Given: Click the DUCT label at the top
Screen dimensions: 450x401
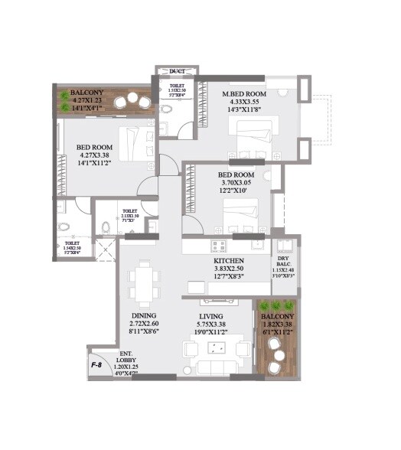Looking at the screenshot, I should point(177,71).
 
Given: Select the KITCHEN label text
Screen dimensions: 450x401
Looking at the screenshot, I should point(229,261).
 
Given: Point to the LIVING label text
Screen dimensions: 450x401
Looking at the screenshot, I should point(211,316).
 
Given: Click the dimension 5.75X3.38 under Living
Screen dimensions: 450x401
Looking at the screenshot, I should point(211,324).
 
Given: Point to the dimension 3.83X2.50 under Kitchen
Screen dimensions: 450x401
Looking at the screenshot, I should point(229,270).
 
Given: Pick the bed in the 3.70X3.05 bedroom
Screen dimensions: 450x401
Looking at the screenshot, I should point(237,217).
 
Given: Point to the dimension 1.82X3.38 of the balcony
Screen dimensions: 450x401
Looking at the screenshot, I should point(276,324).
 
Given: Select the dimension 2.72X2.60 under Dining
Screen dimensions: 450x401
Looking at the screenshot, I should point(143,324).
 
